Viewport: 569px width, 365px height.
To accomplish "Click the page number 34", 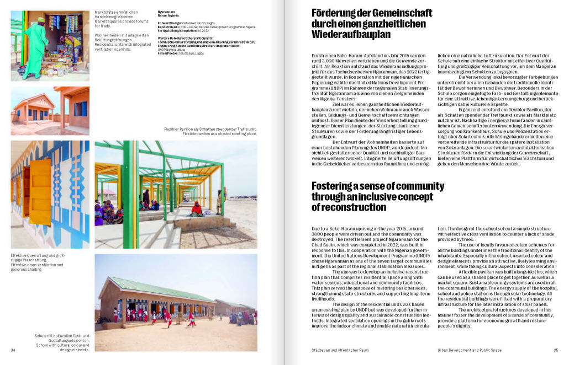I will [13, 350].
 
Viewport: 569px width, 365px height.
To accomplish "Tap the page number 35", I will [555, 350].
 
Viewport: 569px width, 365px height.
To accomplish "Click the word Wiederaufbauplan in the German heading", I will [351, 35].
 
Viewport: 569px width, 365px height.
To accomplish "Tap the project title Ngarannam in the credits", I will [167, 10].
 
